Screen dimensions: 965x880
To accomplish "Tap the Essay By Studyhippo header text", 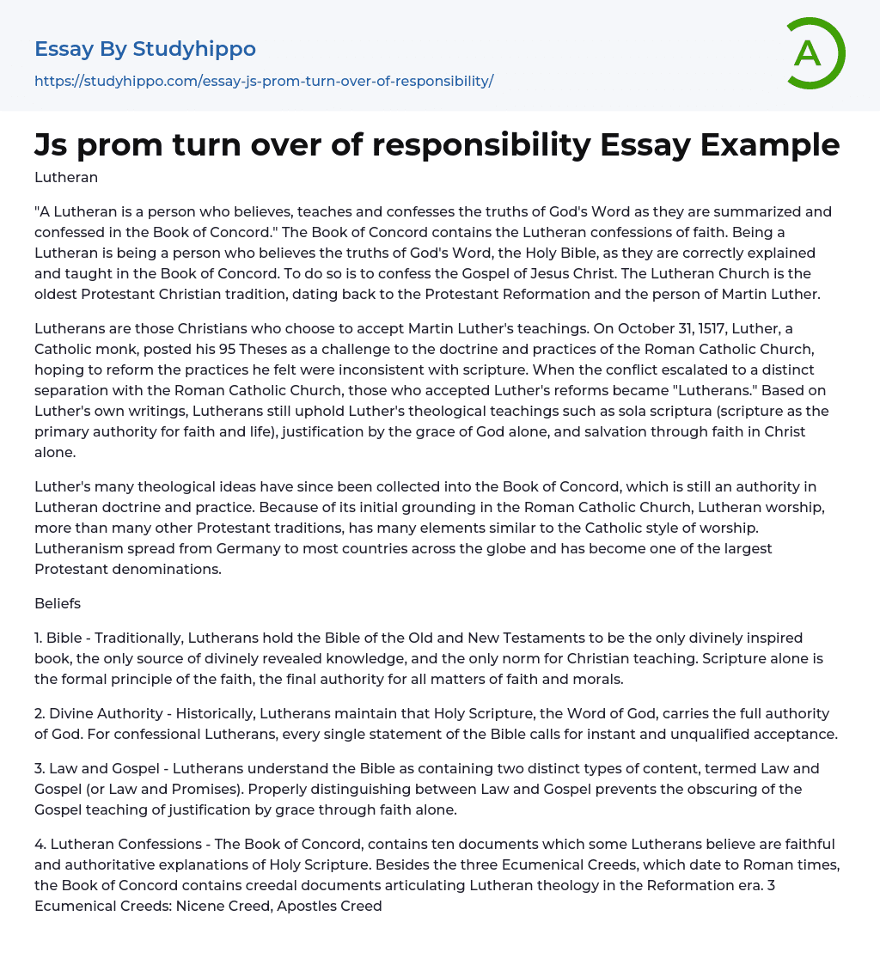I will tap(145, 49).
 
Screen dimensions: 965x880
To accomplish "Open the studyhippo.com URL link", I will tap(264, 81).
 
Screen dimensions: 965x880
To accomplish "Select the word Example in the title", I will tap(771, 145).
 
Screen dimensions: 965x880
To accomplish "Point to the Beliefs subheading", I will tap(58, 603).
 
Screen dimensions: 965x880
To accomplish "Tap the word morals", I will tap(602, 679).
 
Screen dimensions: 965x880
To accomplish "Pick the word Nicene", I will tap(199, 906).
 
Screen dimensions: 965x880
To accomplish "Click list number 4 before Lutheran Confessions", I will tap(40, 844).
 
